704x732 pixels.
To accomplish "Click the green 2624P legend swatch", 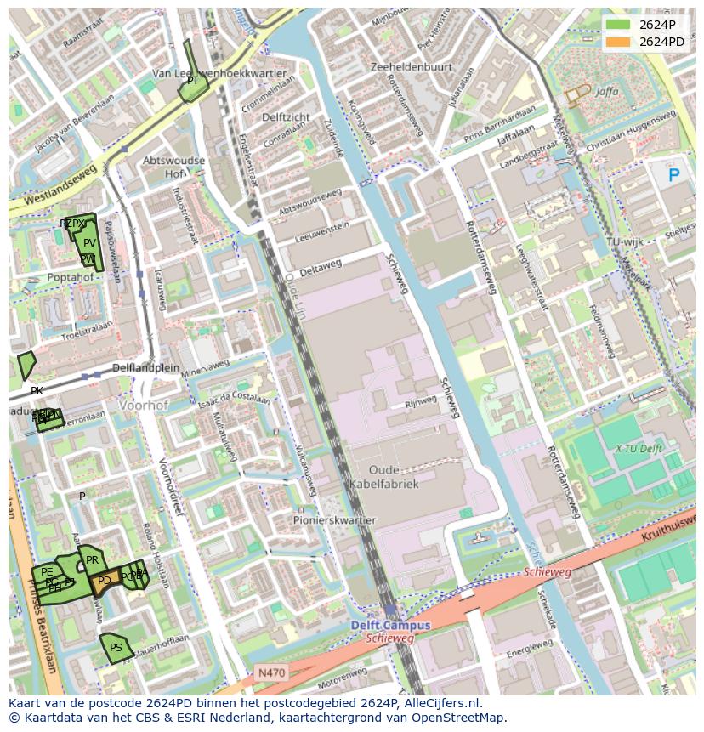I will tap(618, 25).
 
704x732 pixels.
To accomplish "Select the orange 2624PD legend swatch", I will tap(618, 42).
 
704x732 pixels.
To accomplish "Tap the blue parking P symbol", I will tap(674, 175).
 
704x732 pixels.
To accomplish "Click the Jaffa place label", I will tap(606, 91).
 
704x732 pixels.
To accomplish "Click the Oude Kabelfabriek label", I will tap(383, 477).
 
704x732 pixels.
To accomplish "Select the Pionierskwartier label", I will tap(334, 520).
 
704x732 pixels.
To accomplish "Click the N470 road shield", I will tap(272, 672).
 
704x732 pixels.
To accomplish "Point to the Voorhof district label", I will tap(145, 406).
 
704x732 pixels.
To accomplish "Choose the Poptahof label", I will tap(71, 277).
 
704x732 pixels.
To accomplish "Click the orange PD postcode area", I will tap(103, 582).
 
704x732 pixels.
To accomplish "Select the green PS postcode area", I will tap(114, 648).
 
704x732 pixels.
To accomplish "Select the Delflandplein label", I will tap(146, 368).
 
